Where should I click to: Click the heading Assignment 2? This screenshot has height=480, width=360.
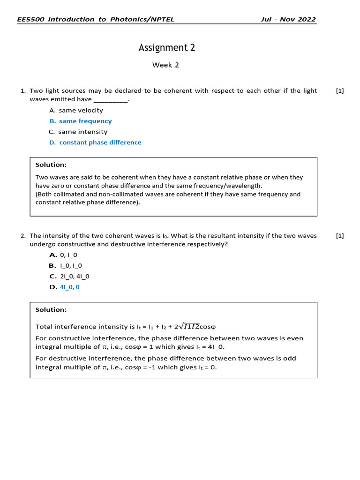166,48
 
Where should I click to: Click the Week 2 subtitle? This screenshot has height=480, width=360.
165,65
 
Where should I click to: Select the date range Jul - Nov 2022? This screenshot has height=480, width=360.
288,19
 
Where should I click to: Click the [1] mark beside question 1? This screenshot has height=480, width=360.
340,91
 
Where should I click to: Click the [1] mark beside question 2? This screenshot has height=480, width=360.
340,236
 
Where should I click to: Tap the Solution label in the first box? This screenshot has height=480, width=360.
51,165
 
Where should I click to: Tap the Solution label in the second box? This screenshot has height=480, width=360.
51,309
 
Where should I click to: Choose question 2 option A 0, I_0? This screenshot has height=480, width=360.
68,255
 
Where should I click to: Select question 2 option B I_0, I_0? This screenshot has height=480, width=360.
71,266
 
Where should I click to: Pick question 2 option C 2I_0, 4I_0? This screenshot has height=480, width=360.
75,276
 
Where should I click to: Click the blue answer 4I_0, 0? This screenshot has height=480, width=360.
70,287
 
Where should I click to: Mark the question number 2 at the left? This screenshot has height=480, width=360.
23,236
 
